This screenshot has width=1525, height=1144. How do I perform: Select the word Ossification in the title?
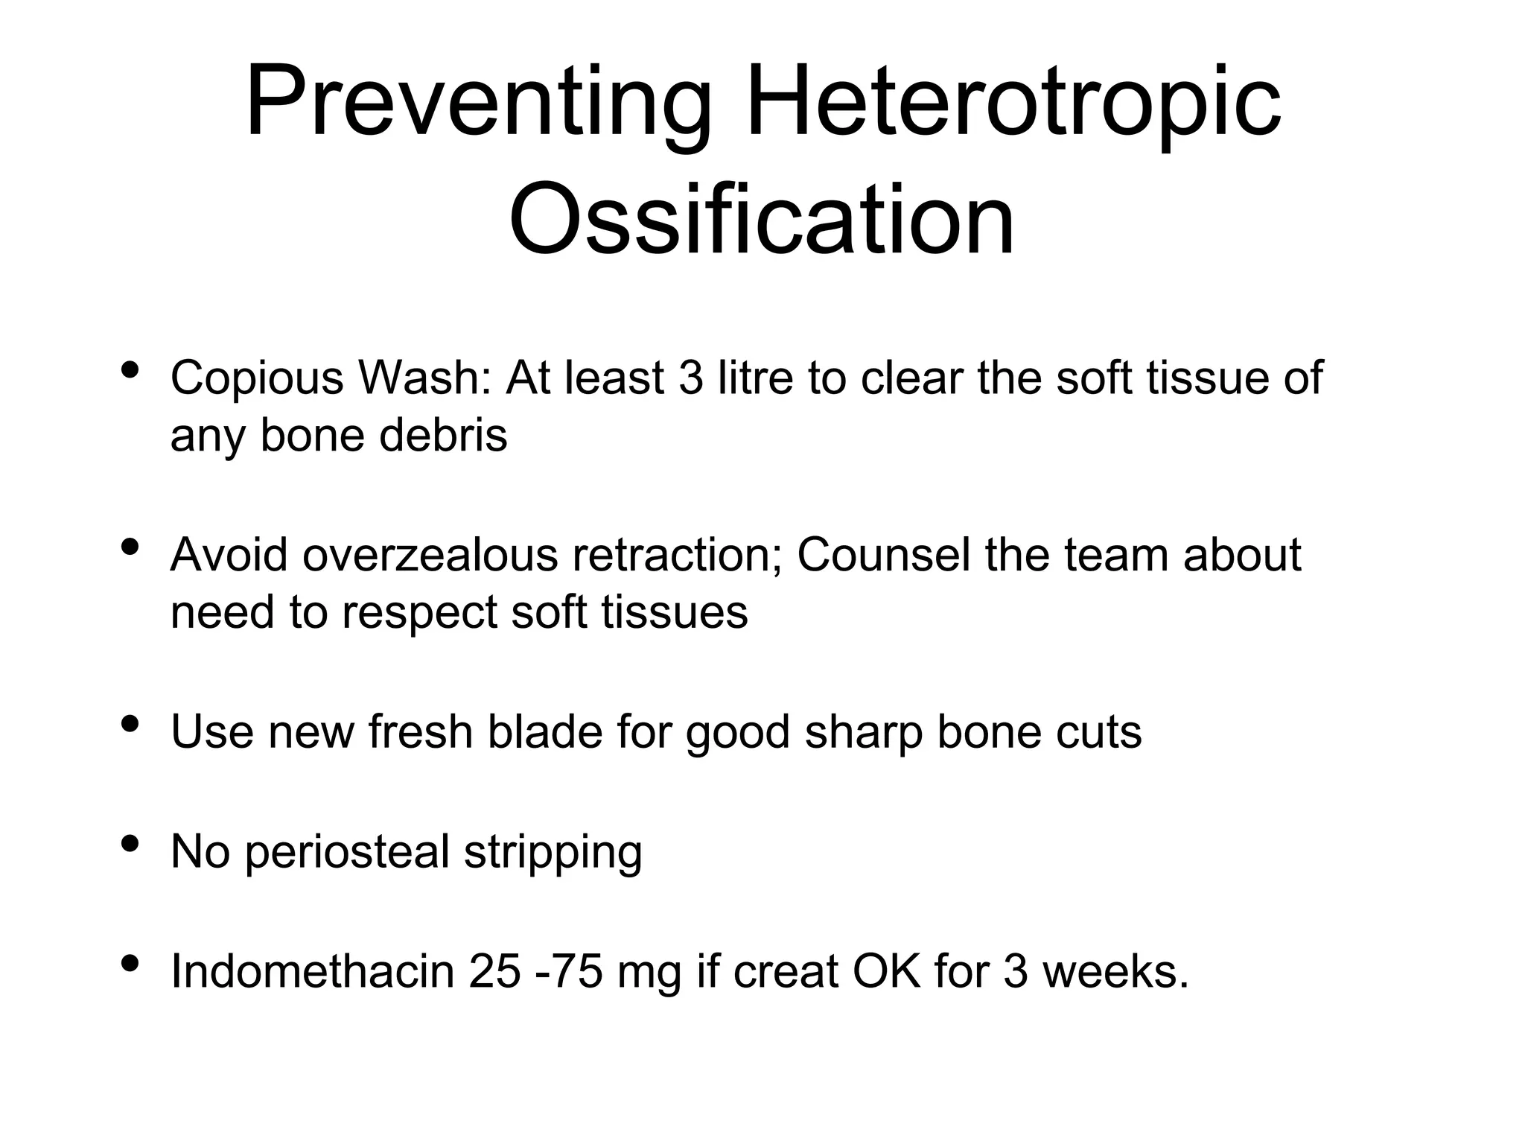tap(762, 220)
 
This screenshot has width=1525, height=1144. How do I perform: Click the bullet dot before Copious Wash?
tap(130, 370)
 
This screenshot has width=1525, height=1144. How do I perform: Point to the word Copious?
tap(257, 378)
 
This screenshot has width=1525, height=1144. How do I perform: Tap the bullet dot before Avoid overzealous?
tap(130, 547)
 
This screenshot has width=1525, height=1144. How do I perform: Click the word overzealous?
tap(430, 555)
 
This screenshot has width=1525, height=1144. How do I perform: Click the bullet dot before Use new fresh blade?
tap(130, 724)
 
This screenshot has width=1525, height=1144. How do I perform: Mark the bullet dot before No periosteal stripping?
tap(130, 844)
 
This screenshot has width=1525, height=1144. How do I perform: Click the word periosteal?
tap(347, 852)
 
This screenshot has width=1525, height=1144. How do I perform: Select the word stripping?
tap(553, 854)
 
